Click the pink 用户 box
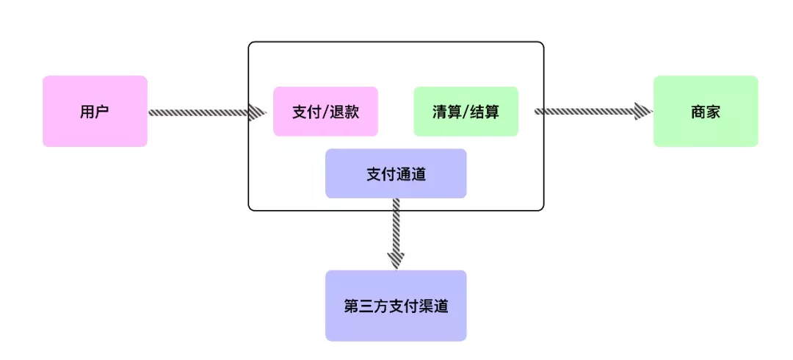point(95,111)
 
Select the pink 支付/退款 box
point(325,111)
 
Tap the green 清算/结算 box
point(466,111)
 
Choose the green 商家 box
point(705,111)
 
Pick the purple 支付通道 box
point(396,173)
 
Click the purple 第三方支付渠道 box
point(396,306)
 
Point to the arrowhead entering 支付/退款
point(257,112)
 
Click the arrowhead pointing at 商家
point(644,111)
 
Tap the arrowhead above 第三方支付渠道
point(396,260)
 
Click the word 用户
point(95,112)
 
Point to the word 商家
point(705,112)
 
